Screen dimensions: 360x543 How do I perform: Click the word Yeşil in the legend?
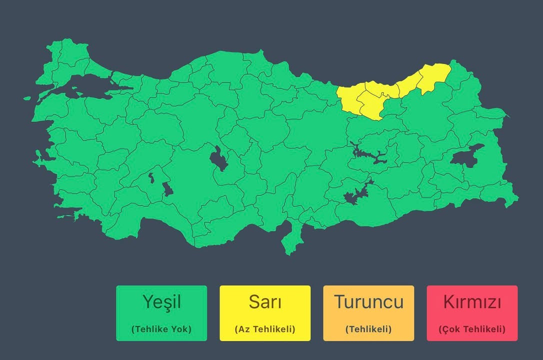pos(161,302)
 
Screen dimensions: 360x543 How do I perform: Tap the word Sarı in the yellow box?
pos(265,302)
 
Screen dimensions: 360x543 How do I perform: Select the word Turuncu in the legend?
pos(368,302)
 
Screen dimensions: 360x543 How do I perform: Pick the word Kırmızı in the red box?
pos(472,302)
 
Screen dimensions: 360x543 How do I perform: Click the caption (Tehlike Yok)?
pos(161,329)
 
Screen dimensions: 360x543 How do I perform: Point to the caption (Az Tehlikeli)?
pos(265,329)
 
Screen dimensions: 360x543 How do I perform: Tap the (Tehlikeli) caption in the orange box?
pos(368,329)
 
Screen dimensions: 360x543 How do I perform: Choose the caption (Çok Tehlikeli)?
pos(472,329)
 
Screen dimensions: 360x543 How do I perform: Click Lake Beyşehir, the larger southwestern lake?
pos(167,189)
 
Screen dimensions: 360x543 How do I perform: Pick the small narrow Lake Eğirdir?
pos(150,177)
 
